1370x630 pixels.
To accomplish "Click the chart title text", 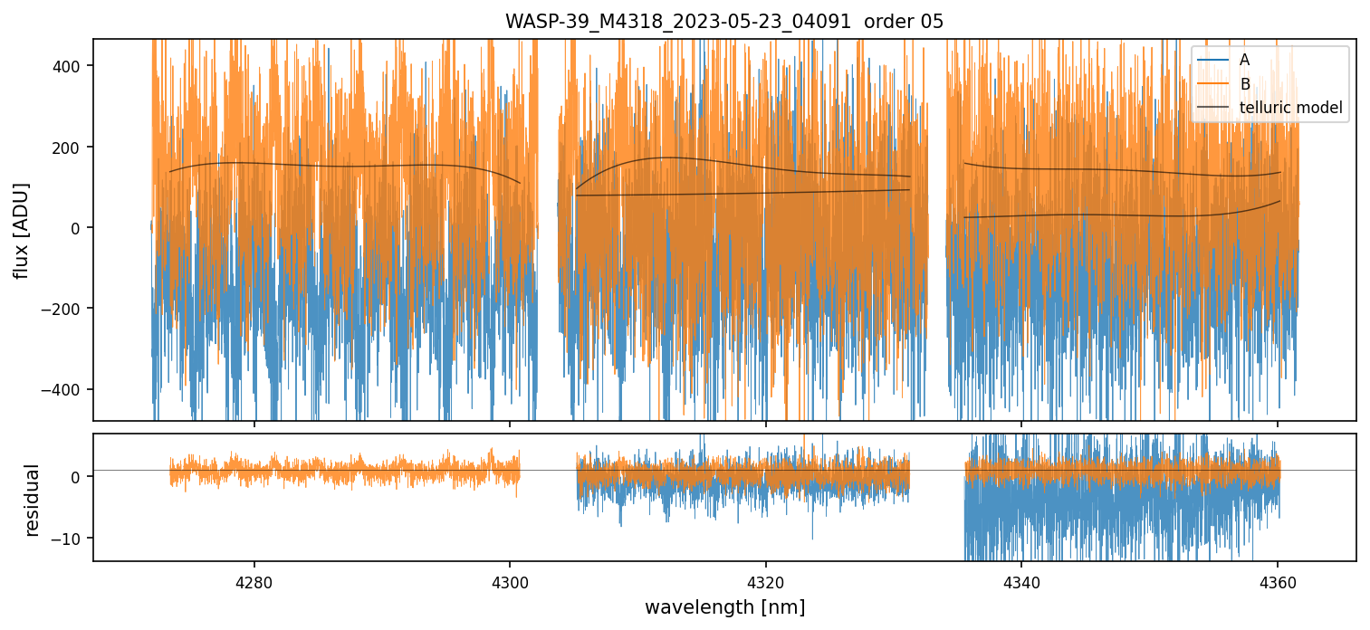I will tap(723, 22).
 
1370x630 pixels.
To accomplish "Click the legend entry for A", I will tap(1244, 60).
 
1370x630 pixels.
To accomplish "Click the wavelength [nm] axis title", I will tap(724, 606).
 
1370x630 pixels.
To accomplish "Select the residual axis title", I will tap(33, 500).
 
